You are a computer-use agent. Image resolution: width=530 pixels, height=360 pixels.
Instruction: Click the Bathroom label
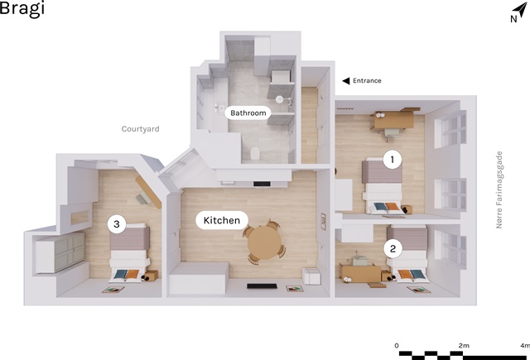pyautogui.click(x=248, y=113)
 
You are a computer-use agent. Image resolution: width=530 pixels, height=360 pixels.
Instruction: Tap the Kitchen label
pyautogui.click(x=222, y=220)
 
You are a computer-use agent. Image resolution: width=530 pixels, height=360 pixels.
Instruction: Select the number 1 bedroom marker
pyautogui.click(x=392, y=160)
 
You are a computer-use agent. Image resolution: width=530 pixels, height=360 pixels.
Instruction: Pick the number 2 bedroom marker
pyautogui.click(x=393, y=249)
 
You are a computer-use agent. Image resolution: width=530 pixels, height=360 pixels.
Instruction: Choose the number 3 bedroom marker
pyautogui.click(x=117, y=224)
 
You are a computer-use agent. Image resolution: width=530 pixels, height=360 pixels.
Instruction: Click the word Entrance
pyautogui.click(x=367, y=81)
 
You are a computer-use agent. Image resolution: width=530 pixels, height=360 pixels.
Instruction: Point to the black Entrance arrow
pyautogui.click(x=346, y=81)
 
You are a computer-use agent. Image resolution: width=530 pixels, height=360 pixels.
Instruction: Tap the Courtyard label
pyautogui.click(x=140, y=129)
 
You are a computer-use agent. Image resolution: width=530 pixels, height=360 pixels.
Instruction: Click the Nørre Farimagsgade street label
pyautogui.click(x=499, y=190)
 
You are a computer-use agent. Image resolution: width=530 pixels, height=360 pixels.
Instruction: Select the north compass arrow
pyautogui.click(x=520, y=9)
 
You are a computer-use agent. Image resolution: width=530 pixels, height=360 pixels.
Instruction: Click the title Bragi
pyautogui.click(x=22, y=7)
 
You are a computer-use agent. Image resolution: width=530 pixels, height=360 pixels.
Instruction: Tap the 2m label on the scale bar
pyautogui.click(x=464, y=345)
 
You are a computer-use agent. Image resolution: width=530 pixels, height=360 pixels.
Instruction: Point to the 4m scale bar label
pyautogui.click(x=525, y=345)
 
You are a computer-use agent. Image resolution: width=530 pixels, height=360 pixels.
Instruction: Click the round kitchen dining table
pyautogui.click(x=264, y=242)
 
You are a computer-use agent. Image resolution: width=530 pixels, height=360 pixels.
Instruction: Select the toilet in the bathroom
pyautogui.click(x=255, y=153)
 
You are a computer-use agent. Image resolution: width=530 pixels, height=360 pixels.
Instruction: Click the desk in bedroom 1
pyautogui.click(x=394, y=119)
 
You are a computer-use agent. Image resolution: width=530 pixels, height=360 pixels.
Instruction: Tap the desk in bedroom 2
pyautogui.click(x=361, y=274)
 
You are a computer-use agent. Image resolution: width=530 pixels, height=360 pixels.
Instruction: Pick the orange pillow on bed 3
pyautogui.click(x=132, y=274)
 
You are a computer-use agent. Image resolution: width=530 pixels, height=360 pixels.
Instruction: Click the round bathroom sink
pyautogui.click(x=279, y=99)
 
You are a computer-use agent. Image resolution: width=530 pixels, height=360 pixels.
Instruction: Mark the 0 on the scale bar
pyautogui.click(x=397, y=345)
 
